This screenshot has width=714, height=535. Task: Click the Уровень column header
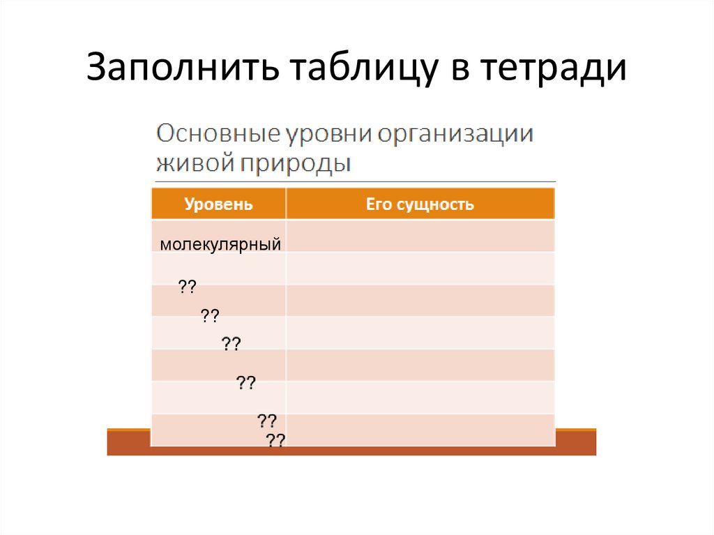[218, 204]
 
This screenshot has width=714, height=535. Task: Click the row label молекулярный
[220, 244]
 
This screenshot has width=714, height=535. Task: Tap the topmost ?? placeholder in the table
[187, 286]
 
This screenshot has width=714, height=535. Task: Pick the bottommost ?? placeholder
[275, 440]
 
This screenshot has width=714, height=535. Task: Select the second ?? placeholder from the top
[211, 316]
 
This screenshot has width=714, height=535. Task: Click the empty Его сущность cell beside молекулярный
[420, 236]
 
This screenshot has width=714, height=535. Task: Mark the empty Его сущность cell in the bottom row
[420, 429]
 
